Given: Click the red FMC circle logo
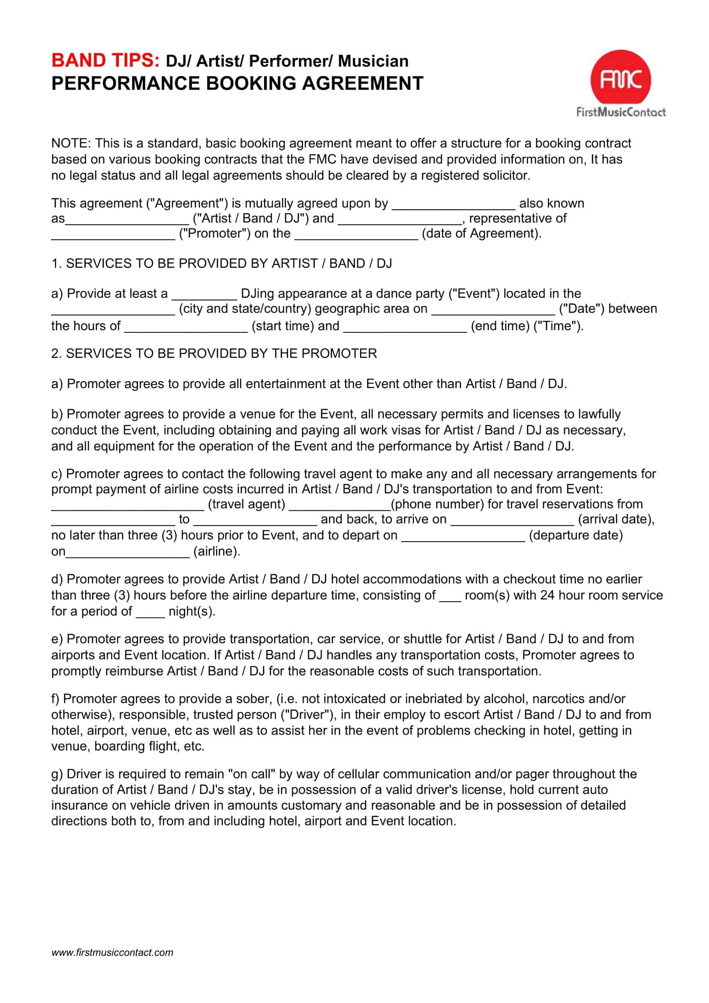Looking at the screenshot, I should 620,80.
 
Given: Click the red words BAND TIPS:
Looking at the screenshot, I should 105,61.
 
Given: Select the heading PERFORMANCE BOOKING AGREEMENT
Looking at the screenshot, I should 237,84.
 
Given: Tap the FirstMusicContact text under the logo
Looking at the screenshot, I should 621,112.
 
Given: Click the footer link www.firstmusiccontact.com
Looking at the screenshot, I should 112,952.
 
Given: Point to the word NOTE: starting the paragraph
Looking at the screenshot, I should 71,143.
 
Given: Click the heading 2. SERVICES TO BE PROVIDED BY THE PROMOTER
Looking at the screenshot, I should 214,353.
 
